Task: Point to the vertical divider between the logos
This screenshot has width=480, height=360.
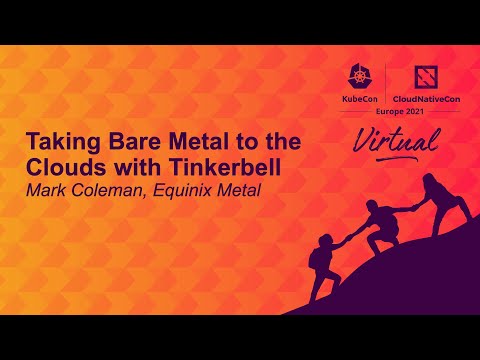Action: click(x=386, y=88)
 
